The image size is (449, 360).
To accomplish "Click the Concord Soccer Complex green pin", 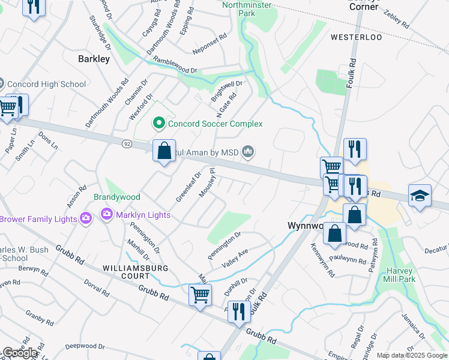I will [159, 124].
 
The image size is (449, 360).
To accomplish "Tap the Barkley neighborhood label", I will [94, 59].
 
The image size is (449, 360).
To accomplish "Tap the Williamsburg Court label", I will [126, 272].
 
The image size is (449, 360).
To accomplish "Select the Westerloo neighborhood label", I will [356, 37].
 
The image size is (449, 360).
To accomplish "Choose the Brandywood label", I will [117, 197].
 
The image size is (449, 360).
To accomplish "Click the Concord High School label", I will [47, 84].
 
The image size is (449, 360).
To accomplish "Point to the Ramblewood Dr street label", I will [175, 64].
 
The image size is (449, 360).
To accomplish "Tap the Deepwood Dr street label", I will [85, 346].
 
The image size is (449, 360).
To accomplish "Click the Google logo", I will [20, 353].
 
